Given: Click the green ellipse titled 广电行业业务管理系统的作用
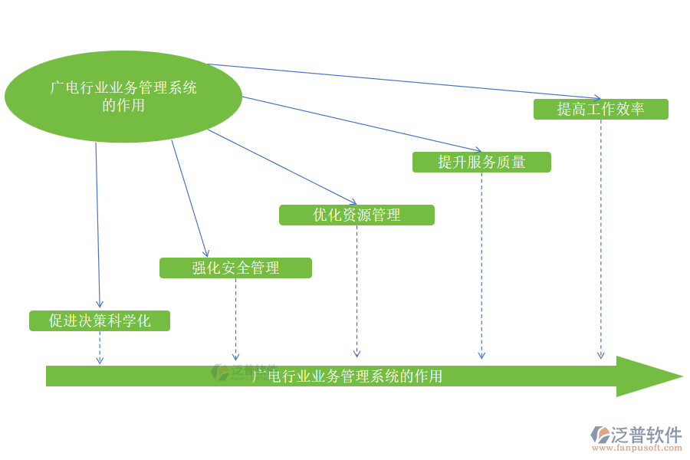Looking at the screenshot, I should tap(123, 97).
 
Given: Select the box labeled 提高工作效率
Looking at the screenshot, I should tap(600, 109).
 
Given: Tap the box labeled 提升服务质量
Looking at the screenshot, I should tap(481, 162).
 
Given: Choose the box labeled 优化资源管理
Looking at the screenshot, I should tap(356, 215).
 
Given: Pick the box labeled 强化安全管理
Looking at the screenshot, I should tap(235, 268).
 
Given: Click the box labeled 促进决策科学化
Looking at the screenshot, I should tap(100, 320).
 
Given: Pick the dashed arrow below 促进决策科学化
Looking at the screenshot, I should tap(100, 347).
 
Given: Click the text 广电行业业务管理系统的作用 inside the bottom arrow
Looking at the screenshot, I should tap(347, 376).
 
